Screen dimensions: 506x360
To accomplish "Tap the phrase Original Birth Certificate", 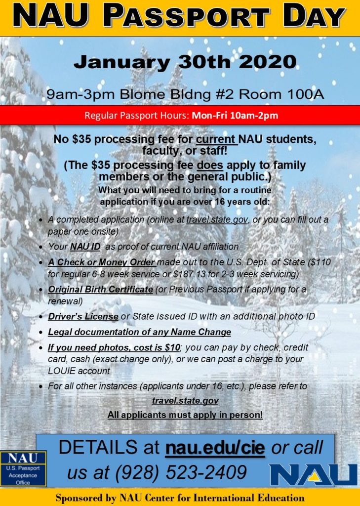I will (x=100, y=290).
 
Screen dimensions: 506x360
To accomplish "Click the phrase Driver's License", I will (x=83, y=316).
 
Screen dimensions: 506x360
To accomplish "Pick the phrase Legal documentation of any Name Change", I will (x=139, y=332).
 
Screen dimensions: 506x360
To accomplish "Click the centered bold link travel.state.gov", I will (x=185, y=401).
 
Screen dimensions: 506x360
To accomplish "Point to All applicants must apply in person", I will (x=185, y=415).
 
